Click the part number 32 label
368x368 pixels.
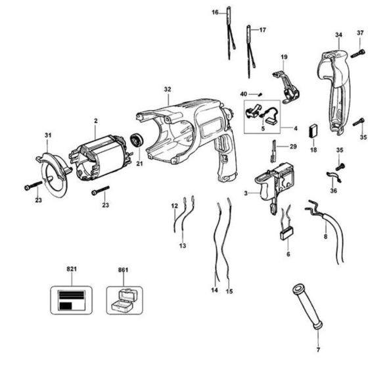point(168,89)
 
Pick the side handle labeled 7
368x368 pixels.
point(306,307)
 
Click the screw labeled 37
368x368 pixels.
point(359,51)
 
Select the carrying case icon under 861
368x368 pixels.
point(123,299)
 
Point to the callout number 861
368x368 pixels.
point(123,270)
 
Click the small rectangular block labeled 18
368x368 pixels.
point(313,130)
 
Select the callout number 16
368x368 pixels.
point(216,12)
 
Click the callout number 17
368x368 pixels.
point(263,30)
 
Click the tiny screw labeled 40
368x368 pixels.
point(258,95)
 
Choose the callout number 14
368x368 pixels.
point(214,290)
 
